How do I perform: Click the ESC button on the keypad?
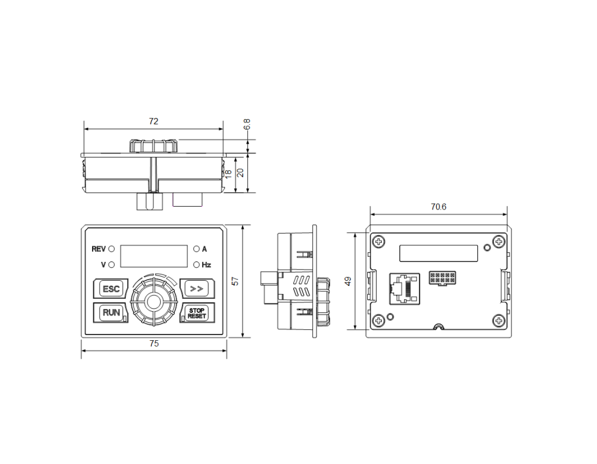click(x=111, y=289)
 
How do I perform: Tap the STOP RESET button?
click(x=197, y=313)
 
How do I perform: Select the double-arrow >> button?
click(x=197, y=289)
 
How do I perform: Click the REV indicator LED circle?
click(x=111, y=249)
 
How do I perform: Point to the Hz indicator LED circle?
click(x=196, y=264)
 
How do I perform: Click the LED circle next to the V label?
click(x=111, y=264)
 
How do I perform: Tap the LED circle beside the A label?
click(x=196, y=249)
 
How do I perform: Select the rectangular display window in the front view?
click(x=154, y=256)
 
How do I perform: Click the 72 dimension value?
click(x=153, y=121)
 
